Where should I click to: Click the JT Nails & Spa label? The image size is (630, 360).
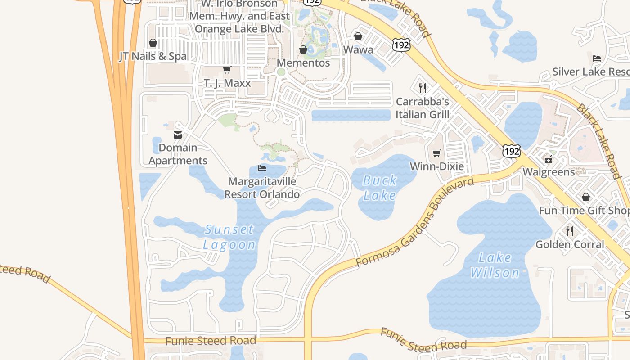tap(153, 56)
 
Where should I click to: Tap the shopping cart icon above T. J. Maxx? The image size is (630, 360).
tap(227, 70)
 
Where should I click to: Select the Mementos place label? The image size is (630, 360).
tap(303, 63)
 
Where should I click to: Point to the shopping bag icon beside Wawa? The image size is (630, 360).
tap(358, 36)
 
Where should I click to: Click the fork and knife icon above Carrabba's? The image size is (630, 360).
tap(422, 88)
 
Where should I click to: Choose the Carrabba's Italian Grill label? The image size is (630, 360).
tap(422, 108)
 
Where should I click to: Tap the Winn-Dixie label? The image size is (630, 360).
tap(436, 166)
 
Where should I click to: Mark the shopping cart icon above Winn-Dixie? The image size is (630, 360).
tap(436, 153)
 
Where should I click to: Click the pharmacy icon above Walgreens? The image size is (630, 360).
tap(549, 159)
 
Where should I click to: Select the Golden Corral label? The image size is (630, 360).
tap(570, 244)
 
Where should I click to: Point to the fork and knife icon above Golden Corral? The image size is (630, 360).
tap(570, 231)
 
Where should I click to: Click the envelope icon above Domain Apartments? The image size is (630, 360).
tap(178, 135)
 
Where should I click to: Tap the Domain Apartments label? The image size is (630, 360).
tap(178, 154)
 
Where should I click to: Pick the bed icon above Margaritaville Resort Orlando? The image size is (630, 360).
tap(262, 169)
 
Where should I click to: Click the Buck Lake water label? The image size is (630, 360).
tap(380, 188)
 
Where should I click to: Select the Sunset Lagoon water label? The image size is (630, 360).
tap(229, 237)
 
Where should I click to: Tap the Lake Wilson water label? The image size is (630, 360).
tap(495, 265)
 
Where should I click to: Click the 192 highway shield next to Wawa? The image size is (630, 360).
tap(401, 45)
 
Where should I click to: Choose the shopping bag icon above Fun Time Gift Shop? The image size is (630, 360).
tap(586, 197)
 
